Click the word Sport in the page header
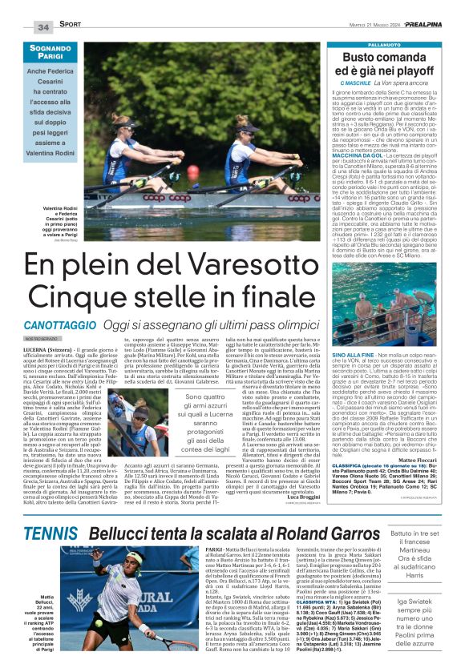[70, 26]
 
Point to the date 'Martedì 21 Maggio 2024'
[344, 26]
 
